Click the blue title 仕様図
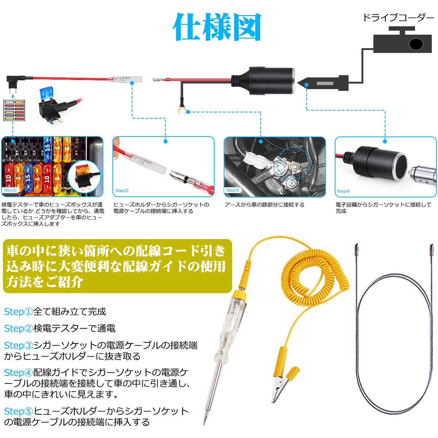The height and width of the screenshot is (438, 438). coord(218,27)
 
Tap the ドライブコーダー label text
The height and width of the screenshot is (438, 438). coord(398,18)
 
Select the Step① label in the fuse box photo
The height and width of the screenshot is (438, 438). coord(10,190)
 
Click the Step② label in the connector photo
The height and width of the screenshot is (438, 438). coord(122,191)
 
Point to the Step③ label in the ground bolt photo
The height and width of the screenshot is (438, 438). coord(233,190)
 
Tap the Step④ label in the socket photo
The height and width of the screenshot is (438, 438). coord(343,191)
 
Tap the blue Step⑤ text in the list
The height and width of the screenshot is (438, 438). coord(19,411)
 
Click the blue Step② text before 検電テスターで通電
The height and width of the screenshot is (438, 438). coord(19,328)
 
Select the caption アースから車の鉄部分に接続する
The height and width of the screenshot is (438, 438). coord(264,205)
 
